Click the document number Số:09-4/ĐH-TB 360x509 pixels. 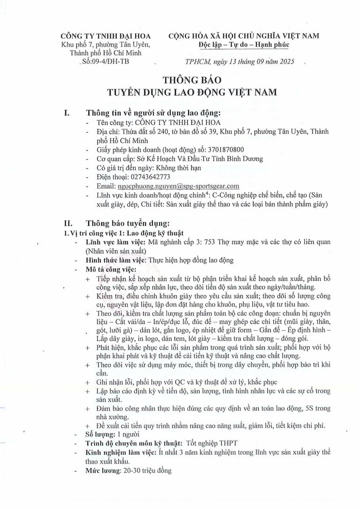click(x=105, y=61)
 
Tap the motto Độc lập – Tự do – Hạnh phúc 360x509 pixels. click(x=244, y=45)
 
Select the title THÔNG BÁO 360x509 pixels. click(x=186, y=80)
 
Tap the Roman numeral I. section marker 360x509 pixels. click(x=67, y=113)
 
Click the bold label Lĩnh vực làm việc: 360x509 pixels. click(x=116, y=242)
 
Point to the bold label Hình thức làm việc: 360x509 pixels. click(x=116, y=260)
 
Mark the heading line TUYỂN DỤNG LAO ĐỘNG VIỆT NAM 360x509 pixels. click(x=186, y=92)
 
